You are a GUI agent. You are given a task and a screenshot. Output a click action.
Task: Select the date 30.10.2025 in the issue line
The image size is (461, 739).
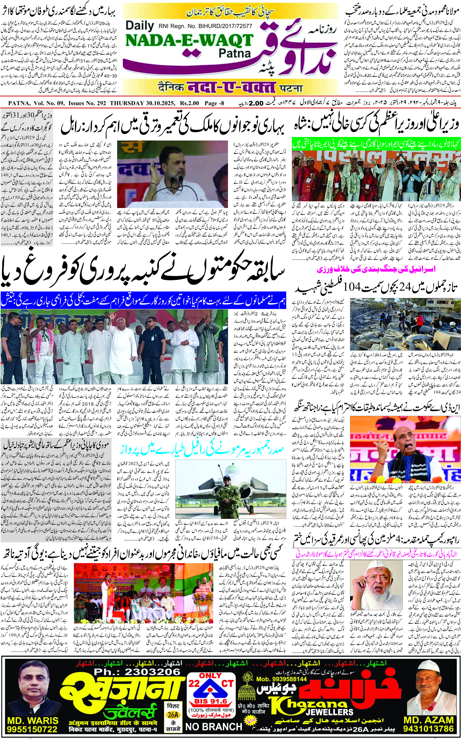click(160, 103)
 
